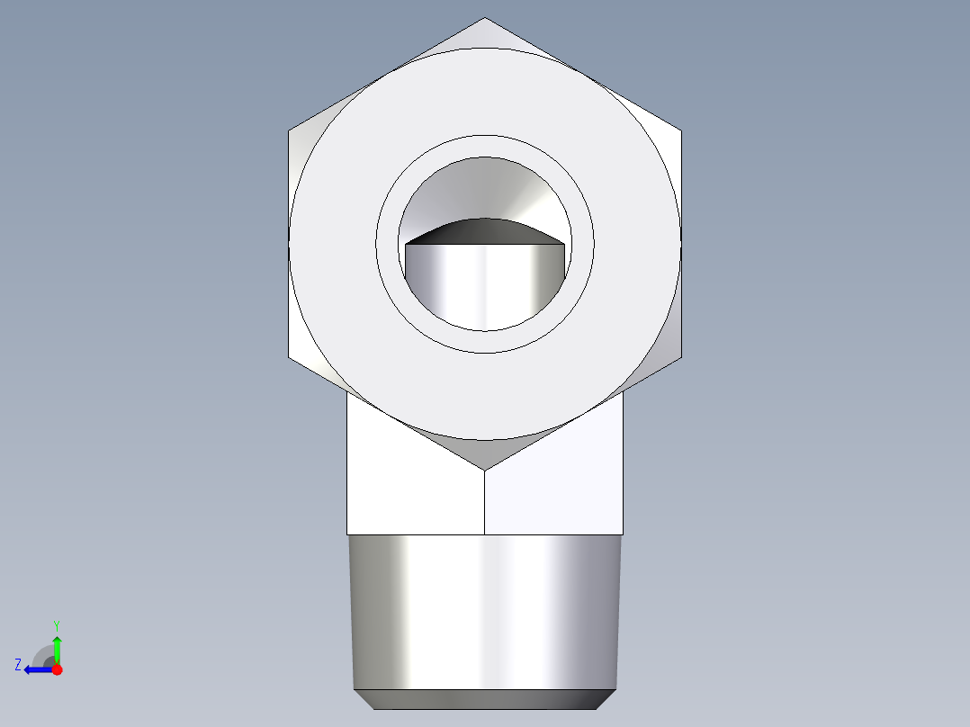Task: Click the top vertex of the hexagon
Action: [x=485, y=18]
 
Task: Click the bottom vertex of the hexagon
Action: [x=485, y=470]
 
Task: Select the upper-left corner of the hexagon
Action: [x=289, y=131]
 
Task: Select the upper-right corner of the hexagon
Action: [x=681, y=131]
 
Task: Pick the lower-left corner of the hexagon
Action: [x=289, y=357]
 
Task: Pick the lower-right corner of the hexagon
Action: [x=681, y=357]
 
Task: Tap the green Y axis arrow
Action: [x=57, y=645]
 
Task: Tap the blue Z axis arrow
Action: [x=34, y=669]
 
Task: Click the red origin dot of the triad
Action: [x=57, y=669]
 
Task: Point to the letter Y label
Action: [x=57, y=624]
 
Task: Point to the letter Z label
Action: [x=18, y=665]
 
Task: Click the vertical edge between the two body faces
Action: [x=485, y=504]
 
